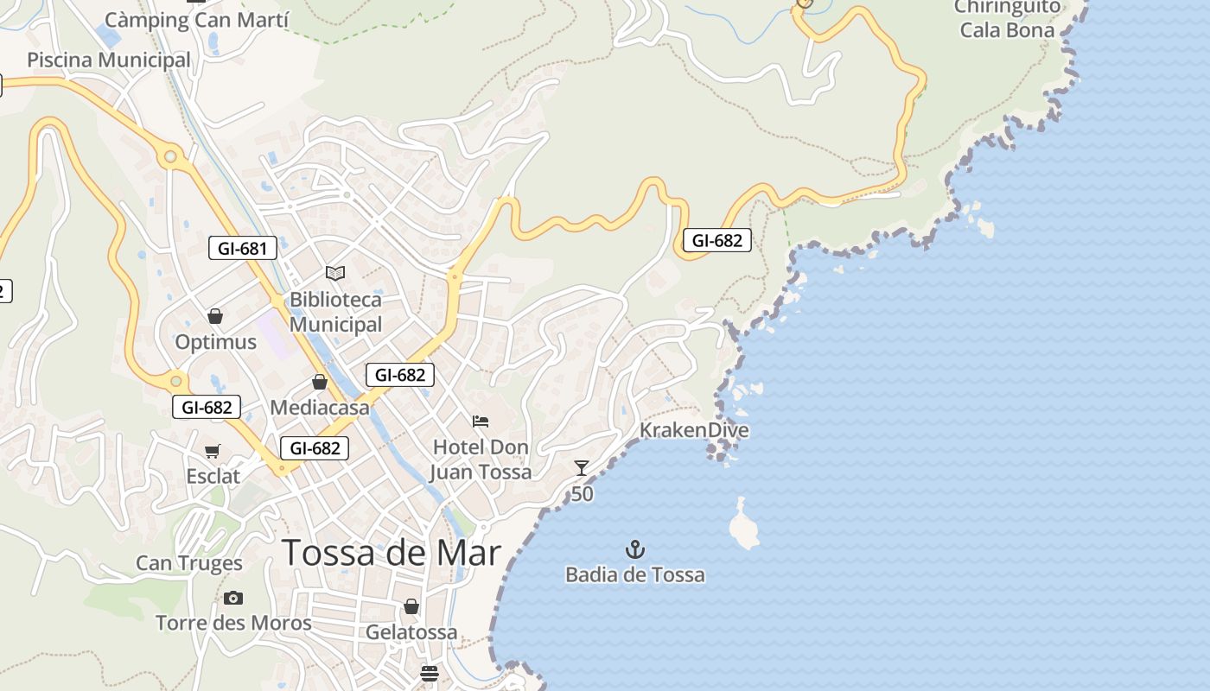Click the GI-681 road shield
coord(243,249)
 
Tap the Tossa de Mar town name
coord(392,553)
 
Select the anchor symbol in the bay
coord(635,549)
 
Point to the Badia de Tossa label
coord(635,574)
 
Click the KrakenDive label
coord(694,430)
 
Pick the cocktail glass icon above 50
coord(582,468)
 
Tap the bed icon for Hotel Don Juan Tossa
coord(481,422)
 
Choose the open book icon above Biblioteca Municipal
coord(335,274)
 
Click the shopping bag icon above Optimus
coord(215,316)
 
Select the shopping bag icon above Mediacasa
coord(320,382)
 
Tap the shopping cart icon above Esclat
coord(213,451)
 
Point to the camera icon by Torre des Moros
coord(232,598)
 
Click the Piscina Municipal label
coord(109,60)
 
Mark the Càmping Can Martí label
coord(197,20)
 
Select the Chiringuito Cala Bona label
coord(1007,18)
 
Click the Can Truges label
coord(189,563)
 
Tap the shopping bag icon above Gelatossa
coord(411,606)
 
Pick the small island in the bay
coord(743,524)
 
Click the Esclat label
coord(213,476)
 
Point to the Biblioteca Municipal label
coord(335,312)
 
